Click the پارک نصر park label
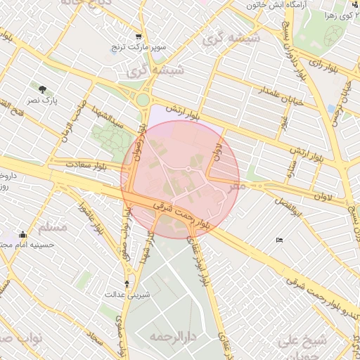pos(44,101)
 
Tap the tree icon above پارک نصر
pos(44,89)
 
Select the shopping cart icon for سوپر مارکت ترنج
pos(139,37)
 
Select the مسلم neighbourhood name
pos(50,227)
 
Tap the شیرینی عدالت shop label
pos(127,295)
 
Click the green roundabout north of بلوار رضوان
pos(143,100)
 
